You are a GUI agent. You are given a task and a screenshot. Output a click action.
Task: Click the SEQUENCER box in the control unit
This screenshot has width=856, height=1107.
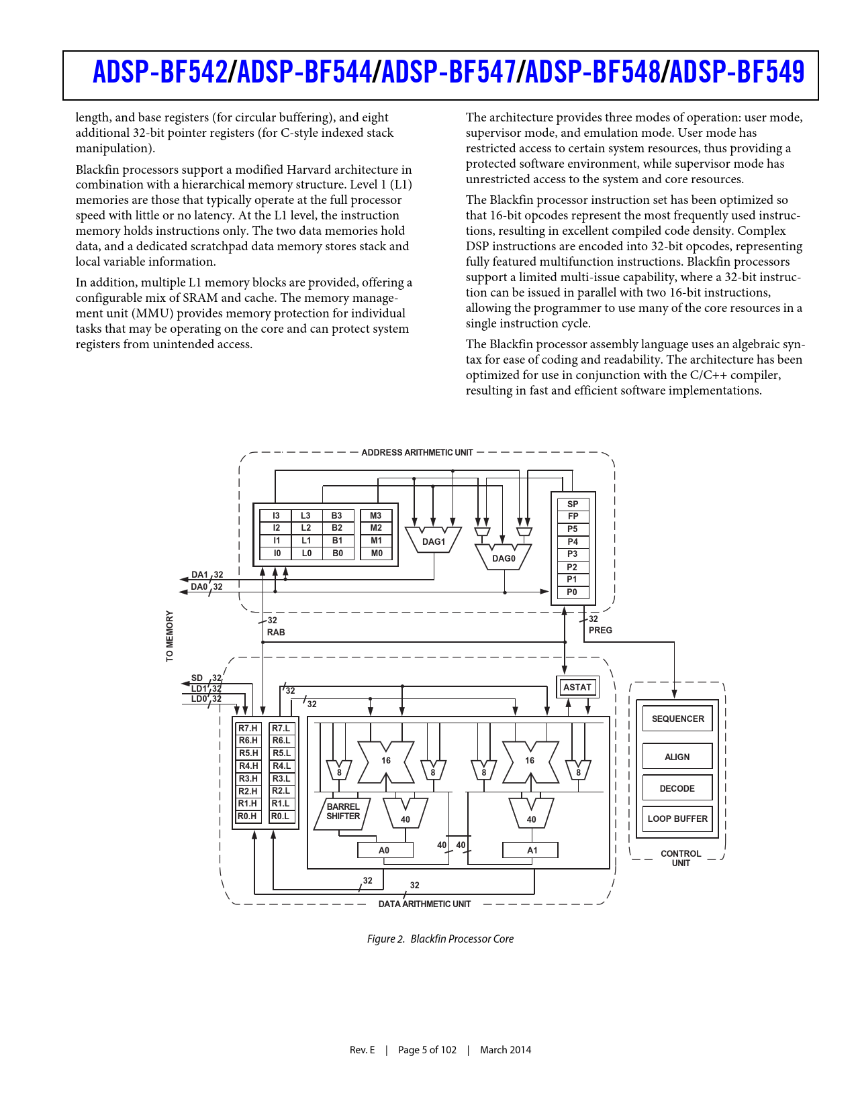pos(677,719)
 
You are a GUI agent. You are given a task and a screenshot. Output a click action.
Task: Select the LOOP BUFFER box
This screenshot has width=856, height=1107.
pos(677,819)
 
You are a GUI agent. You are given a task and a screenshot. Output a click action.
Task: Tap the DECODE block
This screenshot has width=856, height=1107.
pos(677,788)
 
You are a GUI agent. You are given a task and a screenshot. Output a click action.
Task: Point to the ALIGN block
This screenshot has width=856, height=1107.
pos(677,757)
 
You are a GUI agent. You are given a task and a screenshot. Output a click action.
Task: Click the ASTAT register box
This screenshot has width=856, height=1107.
pos(577,687)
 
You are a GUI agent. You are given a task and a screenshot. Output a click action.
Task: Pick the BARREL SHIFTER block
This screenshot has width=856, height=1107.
pos(343,812)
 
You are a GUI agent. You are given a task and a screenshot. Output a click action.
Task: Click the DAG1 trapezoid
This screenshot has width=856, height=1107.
pos(434,541)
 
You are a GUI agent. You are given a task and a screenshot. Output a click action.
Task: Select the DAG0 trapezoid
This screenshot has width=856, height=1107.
pos(504,557)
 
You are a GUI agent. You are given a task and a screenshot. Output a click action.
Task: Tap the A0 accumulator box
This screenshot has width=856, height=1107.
pos(384,850)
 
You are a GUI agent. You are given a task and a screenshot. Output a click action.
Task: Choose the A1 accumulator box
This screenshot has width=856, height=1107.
pos(532,850)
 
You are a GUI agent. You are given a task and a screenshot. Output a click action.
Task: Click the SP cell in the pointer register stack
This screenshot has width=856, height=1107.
pos(573,504)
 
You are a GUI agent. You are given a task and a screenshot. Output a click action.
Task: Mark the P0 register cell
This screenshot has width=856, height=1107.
pos(572,592)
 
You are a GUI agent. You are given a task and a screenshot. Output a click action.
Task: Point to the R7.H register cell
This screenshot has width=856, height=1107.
pos(248,728)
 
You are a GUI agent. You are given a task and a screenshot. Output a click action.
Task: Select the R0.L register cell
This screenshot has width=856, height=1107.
pos(281,816)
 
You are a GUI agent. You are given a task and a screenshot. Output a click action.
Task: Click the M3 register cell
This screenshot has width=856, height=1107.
pos(376,515)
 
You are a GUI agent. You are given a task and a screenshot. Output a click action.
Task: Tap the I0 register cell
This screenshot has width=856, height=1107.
pos(277,553)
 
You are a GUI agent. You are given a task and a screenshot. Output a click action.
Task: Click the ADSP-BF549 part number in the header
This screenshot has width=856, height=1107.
pos(736,72)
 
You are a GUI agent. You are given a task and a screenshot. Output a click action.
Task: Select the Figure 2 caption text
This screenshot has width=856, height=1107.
pos(440,939)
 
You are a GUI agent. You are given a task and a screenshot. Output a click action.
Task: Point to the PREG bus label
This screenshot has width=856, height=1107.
pos(600,630)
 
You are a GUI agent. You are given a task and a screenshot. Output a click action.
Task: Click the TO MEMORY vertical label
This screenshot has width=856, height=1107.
pos(169,636)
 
